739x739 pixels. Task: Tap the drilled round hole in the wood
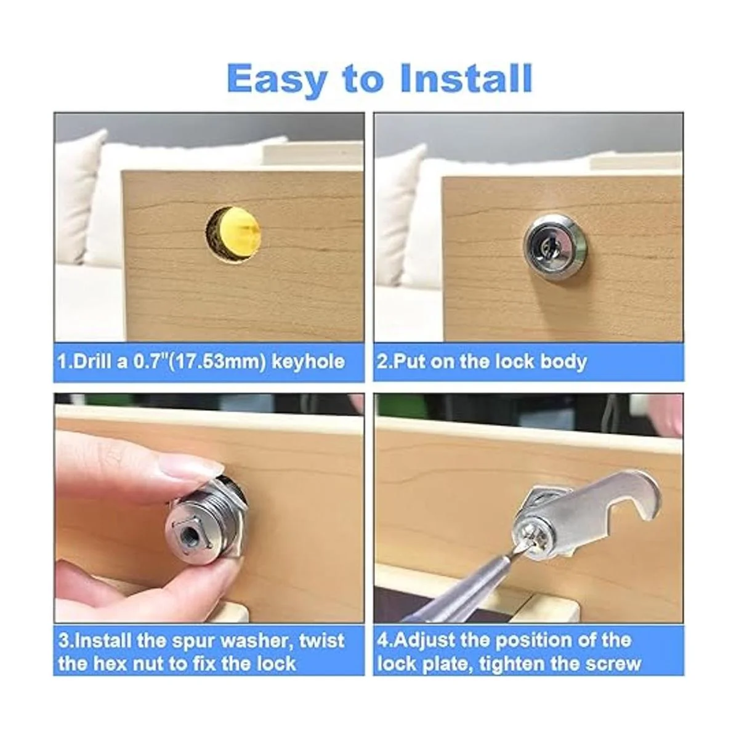233,234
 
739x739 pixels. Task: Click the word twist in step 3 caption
321,641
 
